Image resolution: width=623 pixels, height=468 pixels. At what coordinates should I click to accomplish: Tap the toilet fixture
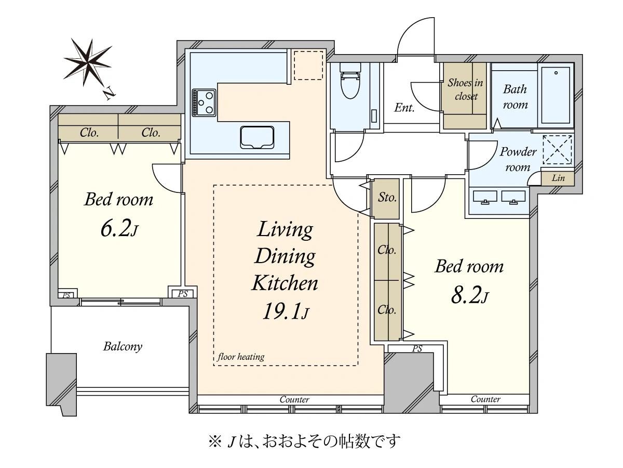coord(350,81)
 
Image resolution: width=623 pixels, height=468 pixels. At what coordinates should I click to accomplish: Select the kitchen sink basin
coord(257,137)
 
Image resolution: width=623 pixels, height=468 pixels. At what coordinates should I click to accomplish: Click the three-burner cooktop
coord(204,102)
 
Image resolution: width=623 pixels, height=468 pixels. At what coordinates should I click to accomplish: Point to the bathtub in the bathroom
coord(556,95)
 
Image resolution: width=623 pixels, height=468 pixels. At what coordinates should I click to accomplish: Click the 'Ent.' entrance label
coord(404,108)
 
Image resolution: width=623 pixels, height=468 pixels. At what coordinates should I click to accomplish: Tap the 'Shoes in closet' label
coord(466,89)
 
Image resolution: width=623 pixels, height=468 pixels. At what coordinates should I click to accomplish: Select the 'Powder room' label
coord(518,159)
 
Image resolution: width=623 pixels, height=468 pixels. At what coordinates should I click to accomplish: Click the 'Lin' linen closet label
coord(558,178)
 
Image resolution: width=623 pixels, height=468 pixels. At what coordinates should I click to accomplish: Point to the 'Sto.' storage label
coord(387,197)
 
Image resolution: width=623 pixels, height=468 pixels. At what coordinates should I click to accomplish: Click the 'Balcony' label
coord(123,346)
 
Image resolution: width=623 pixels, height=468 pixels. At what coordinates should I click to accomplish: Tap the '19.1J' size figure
coord(285,311)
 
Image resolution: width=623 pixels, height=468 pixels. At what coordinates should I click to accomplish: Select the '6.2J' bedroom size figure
coord(119,228)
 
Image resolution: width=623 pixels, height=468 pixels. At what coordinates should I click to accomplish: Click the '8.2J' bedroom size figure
coord(470,295)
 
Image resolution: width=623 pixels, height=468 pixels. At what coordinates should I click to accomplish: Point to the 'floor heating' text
coord(241,357)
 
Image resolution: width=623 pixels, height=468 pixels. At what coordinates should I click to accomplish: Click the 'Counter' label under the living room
coord(294,399)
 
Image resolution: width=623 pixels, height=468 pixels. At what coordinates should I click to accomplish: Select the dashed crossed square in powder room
coord(557,149)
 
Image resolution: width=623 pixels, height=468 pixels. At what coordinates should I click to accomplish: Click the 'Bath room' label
coord(515,97)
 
